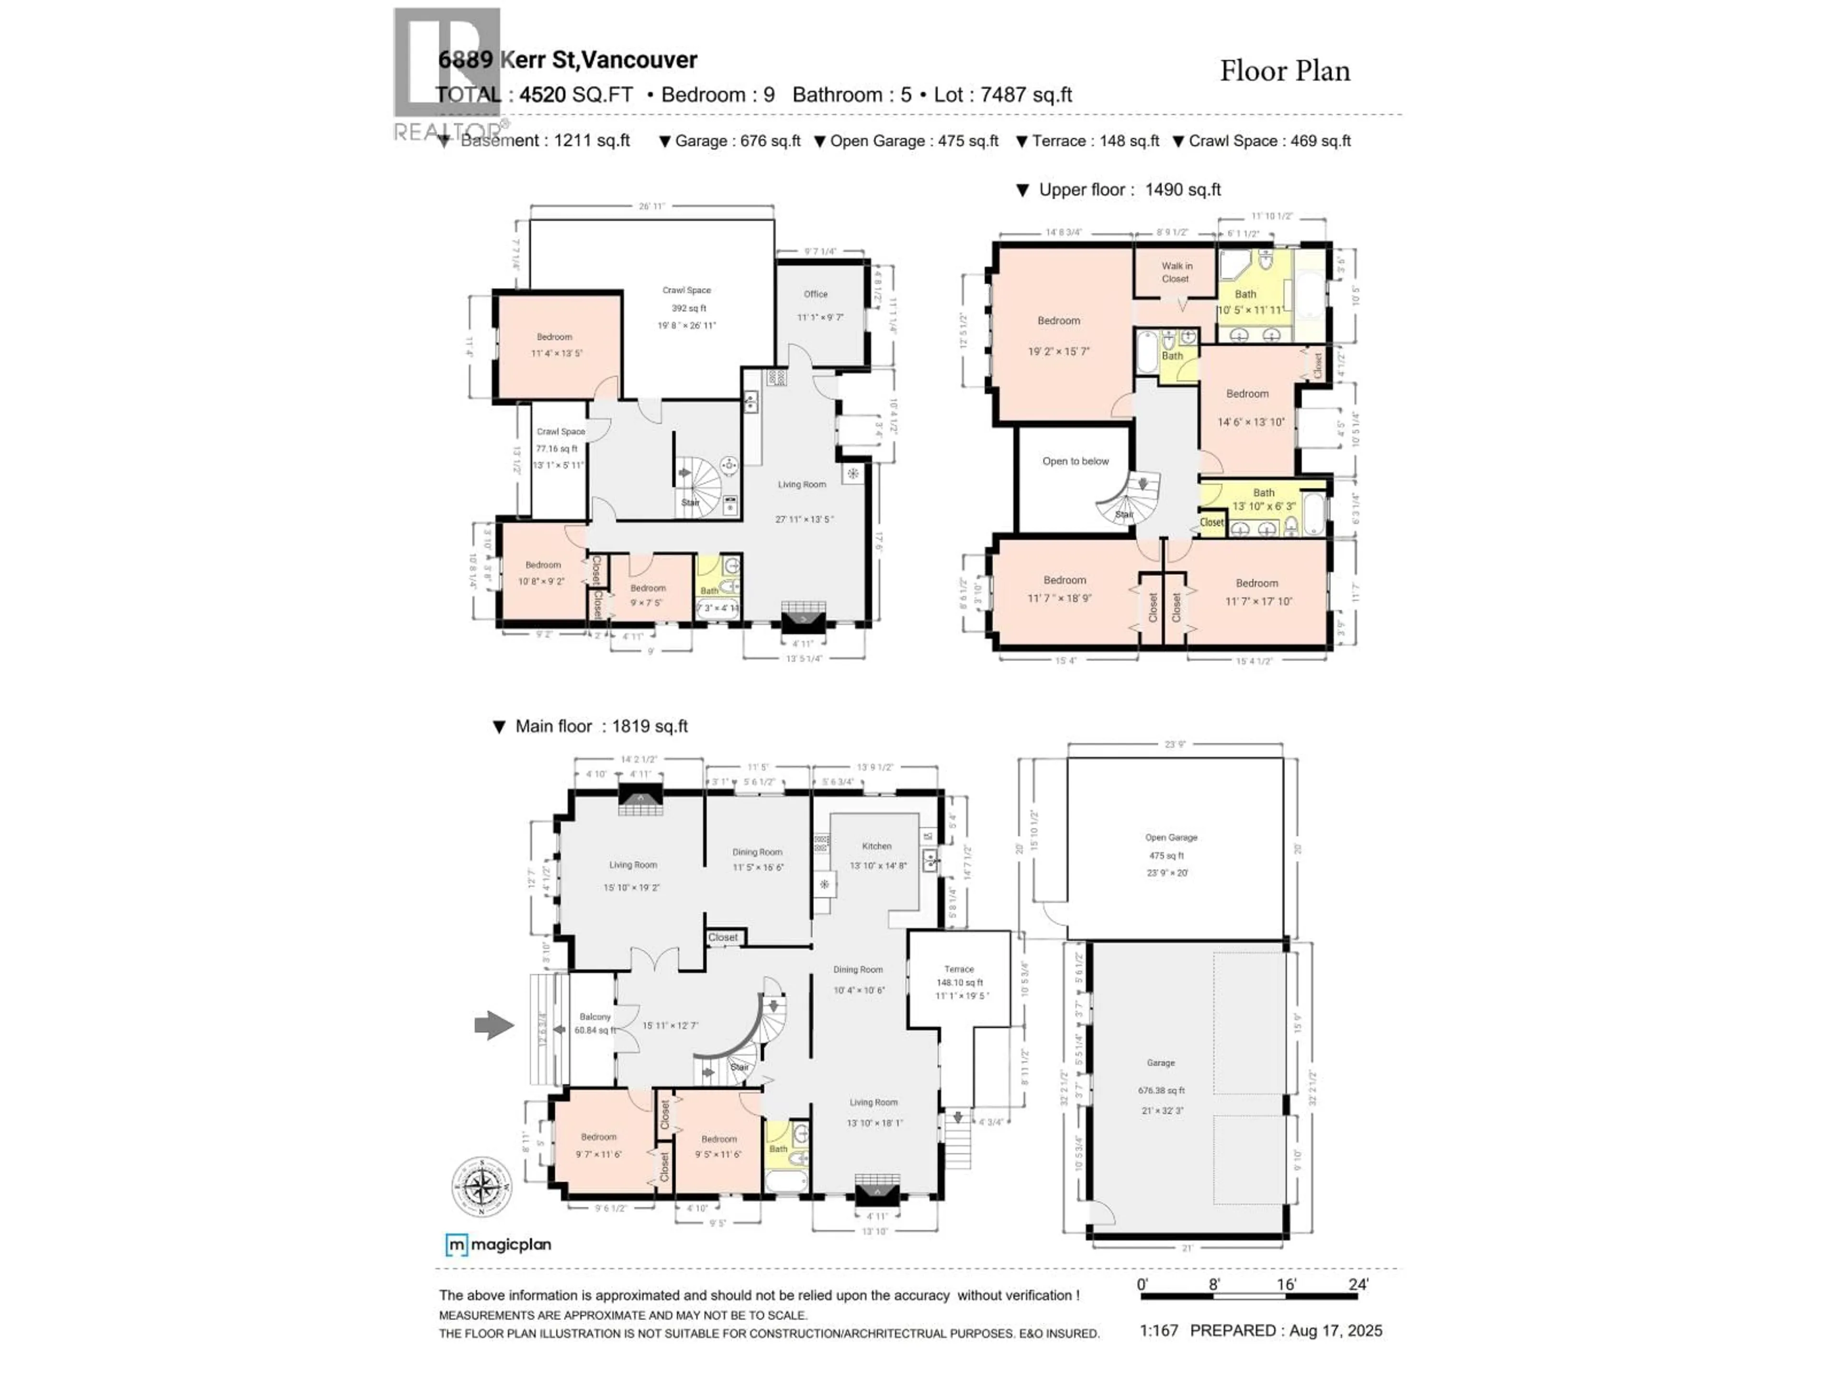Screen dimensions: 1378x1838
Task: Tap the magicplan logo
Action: point(499,1245)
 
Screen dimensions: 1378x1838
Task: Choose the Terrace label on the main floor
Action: point(958,968)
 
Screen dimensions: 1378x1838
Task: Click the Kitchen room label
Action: point(876,845)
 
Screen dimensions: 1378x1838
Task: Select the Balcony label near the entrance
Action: point(595,1017)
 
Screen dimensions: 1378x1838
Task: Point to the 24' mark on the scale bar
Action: point(1358,1284)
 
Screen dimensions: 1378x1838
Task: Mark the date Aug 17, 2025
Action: point(1335,1331)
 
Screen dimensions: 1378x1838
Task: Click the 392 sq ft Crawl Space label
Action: point(686,308)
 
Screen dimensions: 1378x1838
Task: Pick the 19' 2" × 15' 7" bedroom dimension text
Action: point(1059,351)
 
